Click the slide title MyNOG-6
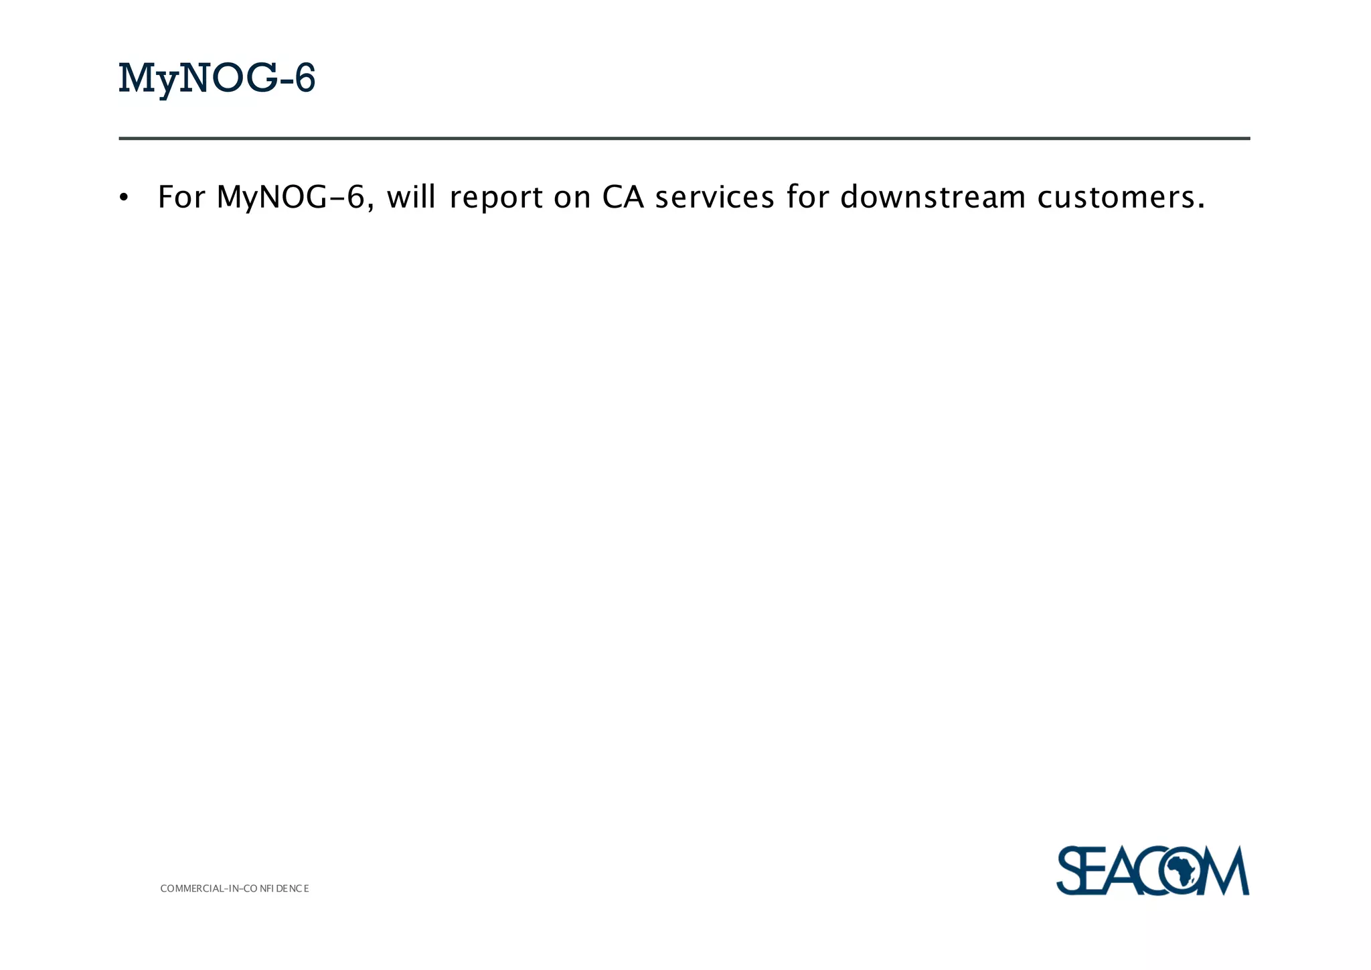coord(216,78)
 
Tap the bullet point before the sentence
coord(123,198)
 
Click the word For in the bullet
coord(181,197)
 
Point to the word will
coord(411,196)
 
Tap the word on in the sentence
coord(572,198)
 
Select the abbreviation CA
coord(623,197)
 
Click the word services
coord(714,197)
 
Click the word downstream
coord(933,197)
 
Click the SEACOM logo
coord(1152,870)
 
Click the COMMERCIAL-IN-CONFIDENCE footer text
coord(234,889)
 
